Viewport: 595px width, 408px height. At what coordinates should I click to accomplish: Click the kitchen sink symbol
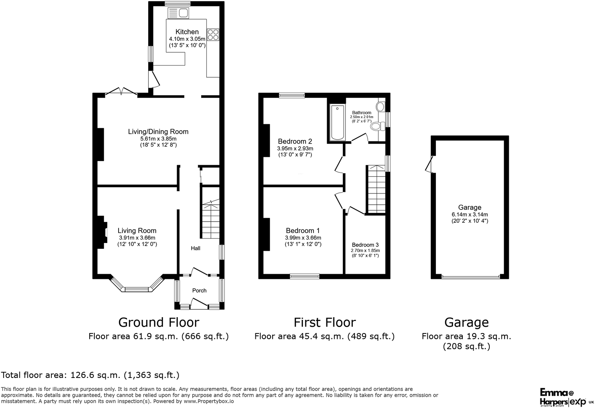(178, 13)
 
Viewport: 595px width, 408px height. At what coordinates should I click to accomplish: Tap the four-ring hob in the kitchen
(213, 35)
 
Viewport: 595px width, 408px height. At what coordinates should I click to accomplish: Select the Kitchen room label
(187, 32)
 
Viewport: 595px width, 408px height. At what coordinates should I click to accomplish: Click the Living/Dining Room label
(158, 132)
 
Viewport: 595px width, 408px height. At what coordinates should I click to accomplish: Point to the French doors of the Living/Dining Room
(121, 92)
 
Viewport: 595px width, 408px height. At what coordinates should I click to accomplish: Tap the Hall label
(195, 248)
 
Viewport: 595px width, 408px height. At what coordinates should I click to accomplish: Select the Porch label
(199, 291)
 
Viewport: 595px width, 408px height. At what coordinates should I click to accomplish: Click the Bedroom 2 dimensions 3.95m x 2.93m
(295, 149)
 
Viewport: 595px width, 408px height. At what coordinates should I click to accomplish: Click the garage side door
(430, 164)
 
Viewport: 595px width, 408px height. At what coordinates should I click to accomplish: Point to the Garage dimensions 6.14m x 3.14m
(469, 215)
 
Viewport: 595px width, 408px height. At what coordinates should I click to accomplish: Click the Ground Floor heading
(158, 323)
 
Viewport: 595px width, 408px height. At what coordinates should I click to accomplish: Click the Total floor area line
(90, 375)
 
